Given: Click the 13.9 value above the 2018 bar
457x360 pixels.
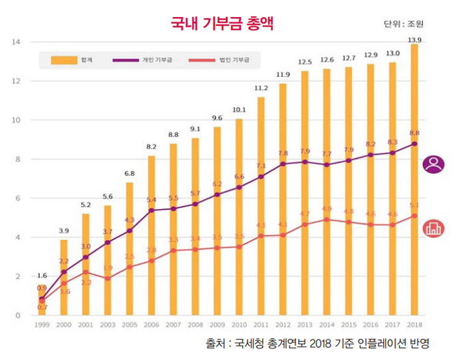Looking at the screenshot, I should coord(414,40).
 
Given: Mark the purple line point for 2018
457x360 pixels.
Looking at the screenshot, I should coord(414,144).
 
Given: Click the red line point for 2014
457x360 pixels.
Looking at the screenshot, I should coord(327,220).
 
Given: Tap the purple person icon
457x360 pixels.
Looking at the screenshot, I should coord(434,164).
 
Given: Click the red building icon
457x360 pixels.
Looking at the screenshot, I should coord(434,228).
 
